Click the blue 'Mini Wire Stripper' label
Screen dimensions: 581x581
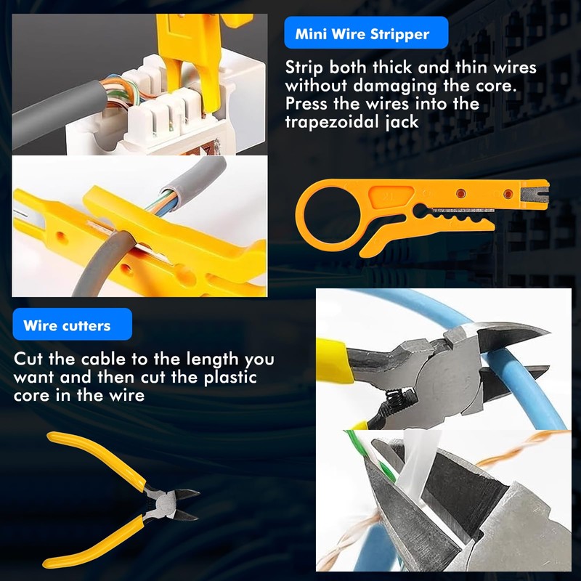pos(366,33)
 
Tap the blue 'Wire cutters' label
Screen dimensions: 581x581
pos(72,324)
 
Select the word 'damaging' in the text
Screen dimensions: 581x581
pos(395,86)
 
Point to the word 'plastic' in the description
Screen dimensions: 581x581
pos(230,378)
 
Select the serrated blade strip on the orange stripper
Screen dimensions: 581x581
pos(463,211)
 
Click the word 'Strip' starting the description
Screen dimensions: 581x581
pos(304,68)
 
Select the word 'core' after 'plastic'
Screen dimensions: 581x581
pos(32,396)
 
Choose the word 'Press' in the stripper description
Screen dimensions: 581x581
pos(306,104)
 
